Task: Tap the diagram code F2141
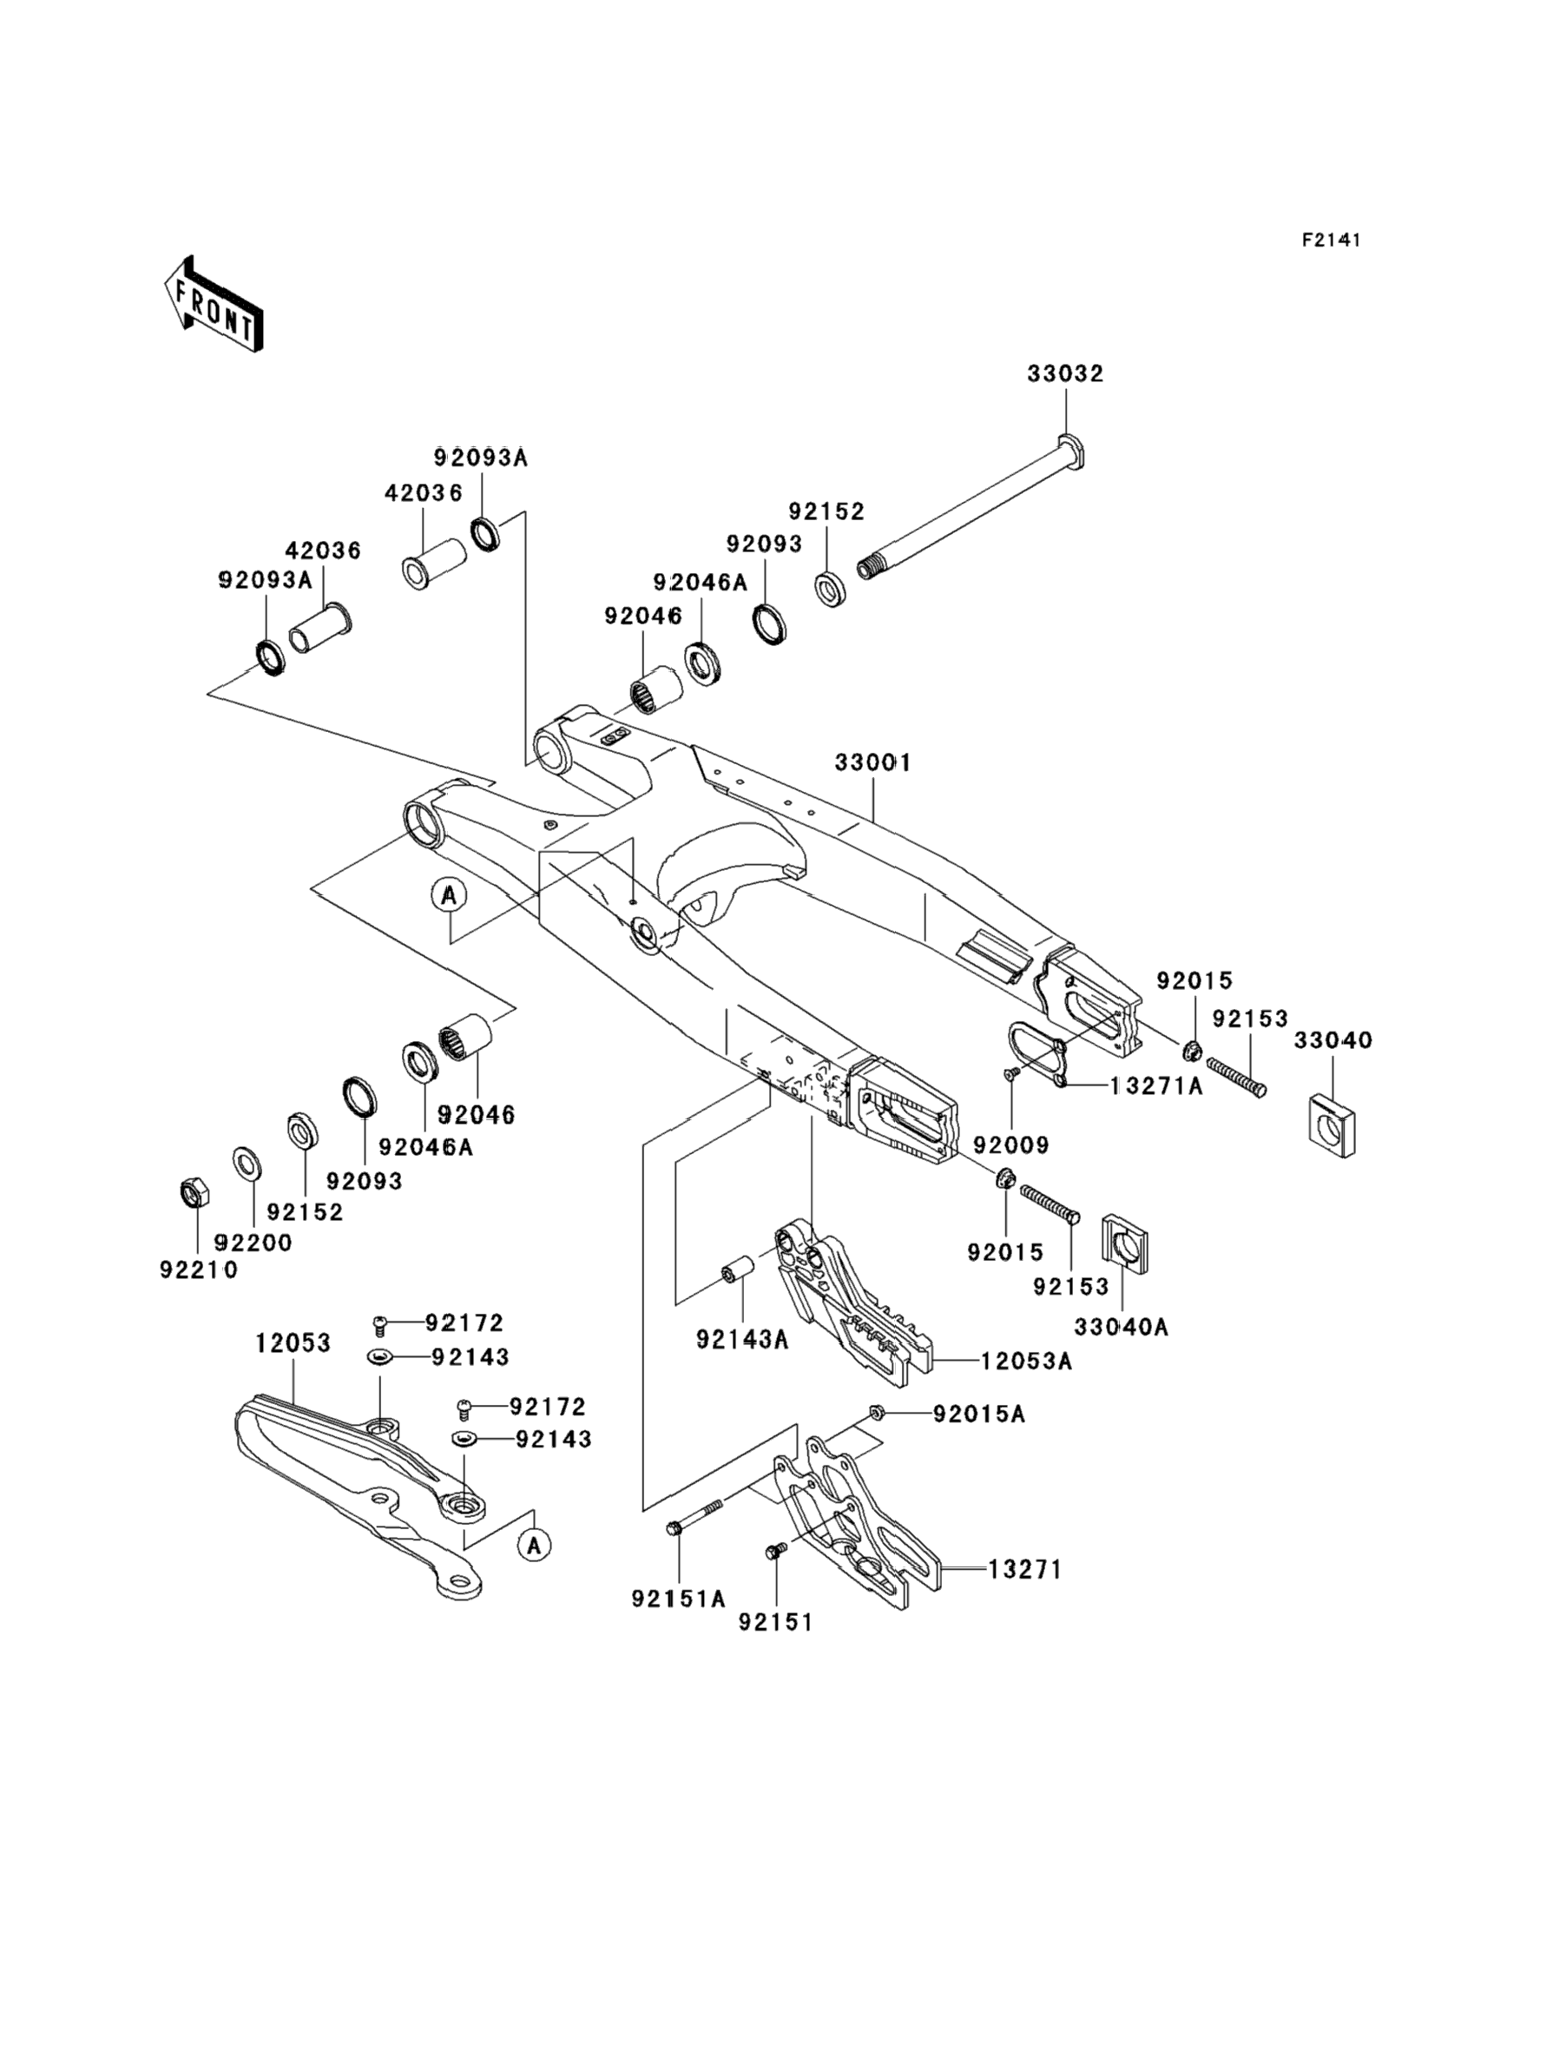point(1331,241)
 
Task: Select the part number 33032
point(1065,374)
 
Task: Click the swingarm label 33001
point(872,762)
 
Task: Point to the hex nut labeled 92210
point(194,1192)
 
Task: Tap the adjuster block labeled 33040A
point(1125,1243)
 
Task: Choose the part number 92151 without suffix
point(775,1623)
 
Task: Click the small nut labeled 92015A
point(875,1414)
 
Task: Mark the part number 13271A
point(1157,1086)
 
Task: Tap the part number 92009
point(1011,1144)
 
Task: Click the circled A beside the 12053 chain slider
point(534,1546)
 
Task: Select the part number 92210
point(199,1270)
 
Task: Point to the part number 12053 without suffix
point(293,1343)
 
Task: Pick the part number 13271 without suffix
point(1025,1570)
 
